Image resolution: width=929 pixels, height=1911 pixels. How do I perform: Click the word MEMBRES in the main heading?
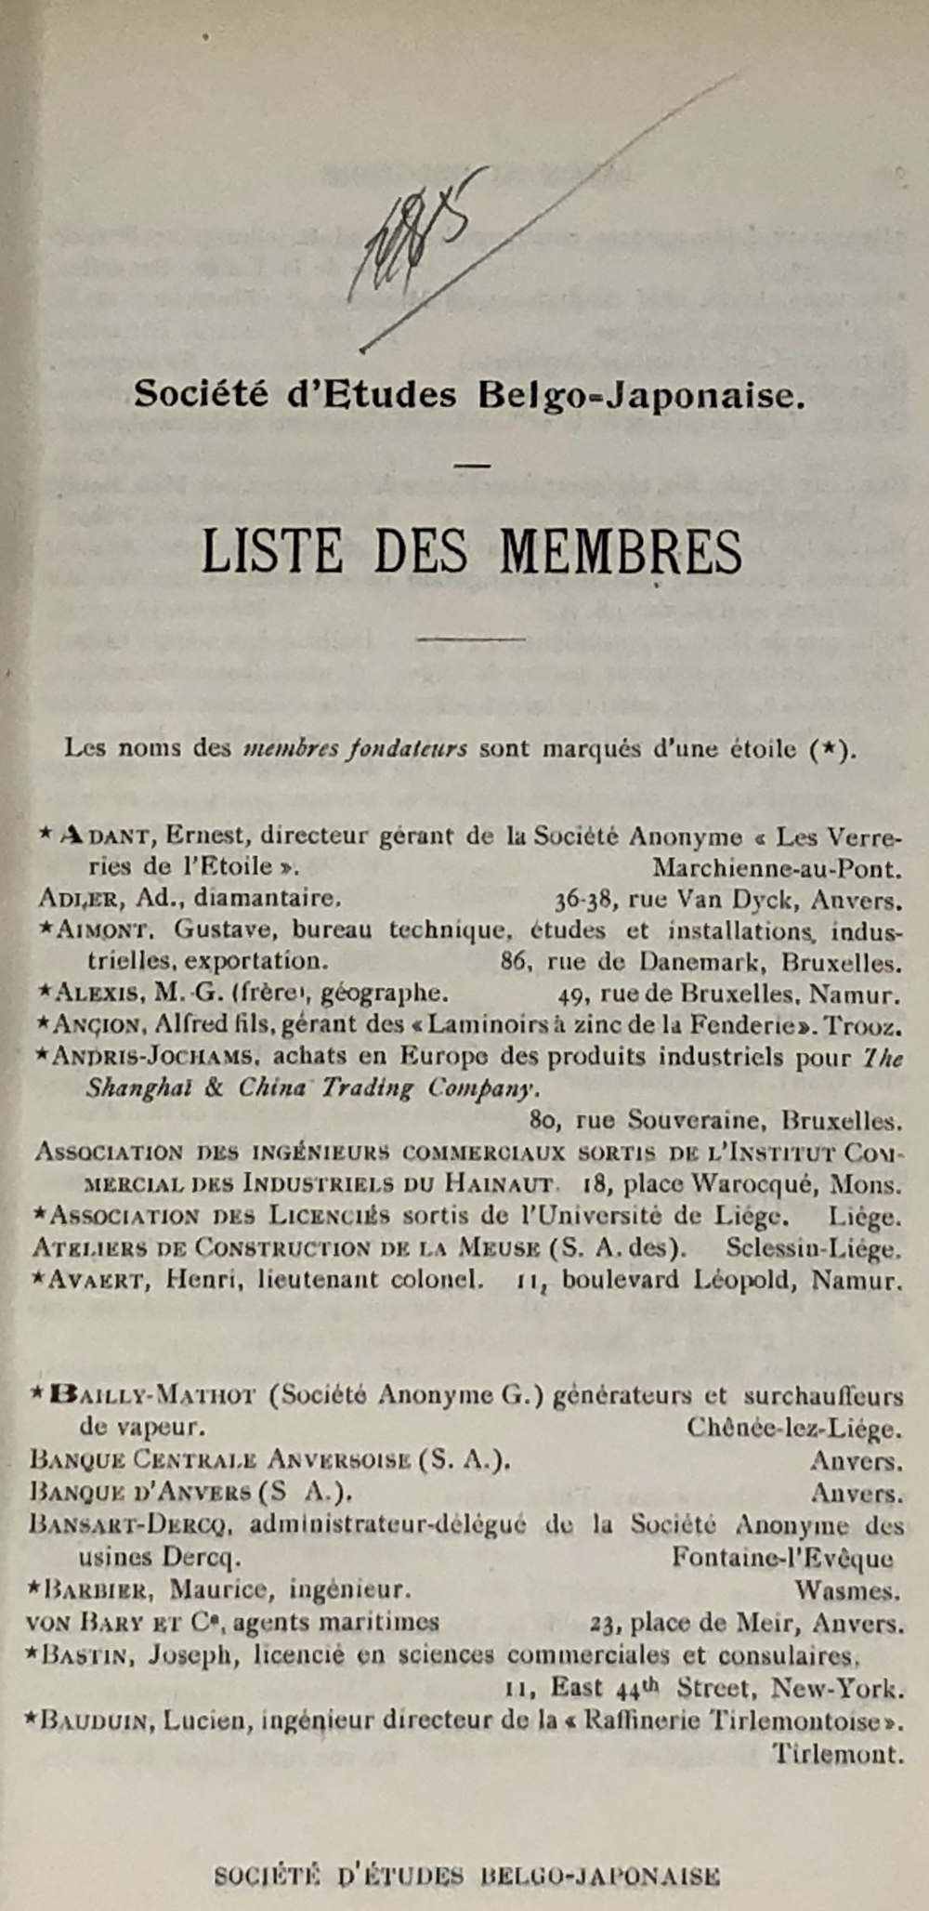tap(622, 552)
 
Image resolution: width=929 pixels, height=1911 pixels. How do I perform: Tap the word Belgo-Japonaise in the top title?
tap(640, 395)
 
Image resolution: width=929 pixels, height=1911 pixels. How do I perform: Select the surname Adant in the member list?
tap(105, 836)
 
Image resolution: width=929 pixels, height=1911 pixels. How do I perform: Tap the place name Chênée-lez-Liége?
tap(794, 1428)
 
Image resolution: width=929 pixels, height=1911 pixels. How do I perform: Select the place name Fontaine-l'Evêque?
tap(783, 1557)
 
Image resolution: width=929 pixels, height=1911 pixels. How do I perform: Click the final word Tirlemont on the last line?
tap(837, 1755)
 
